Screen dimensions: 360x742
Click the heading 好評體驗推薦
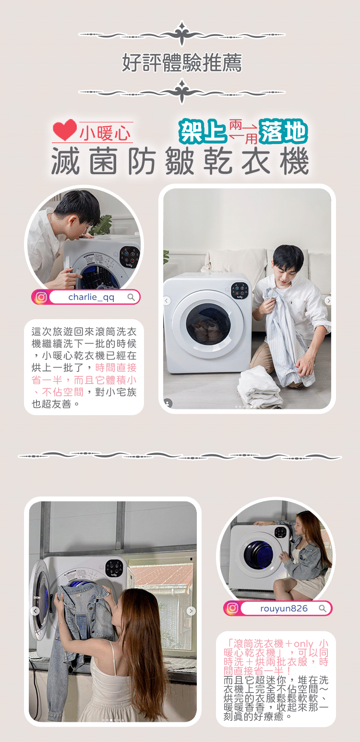[x=182, y=62]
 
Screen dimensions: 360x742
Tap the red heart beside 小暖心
[x=65, y=130]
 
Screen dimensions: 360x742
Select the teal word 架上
[x=203, y=132]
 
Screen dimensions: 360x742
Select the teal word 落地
[x=283, y=132]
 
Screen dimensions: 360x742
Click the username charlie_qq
[x=91, y=297]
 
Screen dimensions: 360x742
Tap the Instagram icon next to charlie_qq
[x=41, y=297]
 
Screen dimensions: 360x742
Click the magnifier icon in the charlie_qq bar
[x=131, y=297]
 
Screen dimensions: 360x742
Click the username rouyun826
[x=284, y=609]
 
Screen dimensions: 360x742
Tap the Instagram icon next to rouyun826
[x=232, y=608]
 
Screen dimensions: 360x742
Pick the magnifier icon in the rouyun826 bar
[x=322, y=608]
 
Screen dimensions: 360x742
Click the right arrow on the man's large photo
[x=328, y=301]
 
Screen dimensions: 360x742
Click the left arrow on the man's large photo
[x=167, y=301]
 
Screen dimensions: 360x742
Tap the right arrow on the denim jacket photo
[x=191, y=611]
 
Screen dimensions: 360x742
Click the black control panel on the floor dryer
[x=240, y=290]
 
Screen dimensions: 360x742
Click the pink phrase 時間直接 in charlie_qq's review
[x=116, y=368]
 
